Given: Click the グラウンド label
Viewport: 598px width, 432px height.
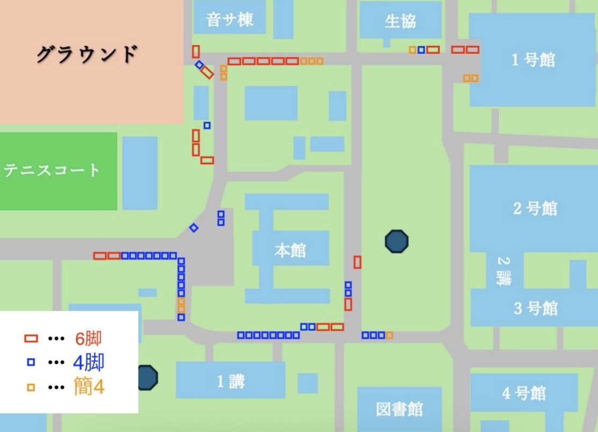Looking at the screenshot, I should (x=87, y=54).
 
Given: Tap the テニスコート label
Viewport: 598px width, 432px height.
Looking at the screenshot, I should (x=52, y=171).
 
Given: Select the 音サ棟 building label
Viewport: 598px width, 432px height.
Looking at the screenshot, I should (x=229, y=20).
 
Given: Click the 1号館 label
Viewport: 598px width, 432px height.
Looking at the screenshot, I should (x=533, y=60).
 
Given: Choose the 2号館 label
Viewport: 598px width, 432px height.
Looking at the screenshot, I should (x=535, y=208).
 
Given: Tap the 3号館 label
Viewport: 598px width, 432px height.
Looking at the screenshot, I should (x=535, y=309).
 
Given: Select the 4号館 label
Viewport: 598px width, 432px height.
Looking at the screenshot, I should (x=524, y=393).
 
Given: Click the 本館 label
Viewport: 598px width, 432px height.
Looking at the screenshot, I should (x=290, y=250).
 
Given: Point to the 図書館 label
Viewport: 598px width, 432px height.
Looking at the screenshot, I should (x=399, y=409).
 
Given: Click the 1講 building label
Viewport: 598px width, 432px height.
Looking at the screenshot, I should (x=231, y=381).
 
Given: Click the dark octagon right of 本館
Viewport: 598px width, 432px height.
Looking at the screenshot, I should (x=397, y=241).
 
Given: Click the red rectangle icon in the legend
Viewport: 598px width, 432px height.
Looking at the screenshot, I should (x=31, y=339).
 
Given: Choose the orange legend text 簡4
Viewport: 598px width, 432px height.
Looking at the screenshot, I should (x=89, y=387).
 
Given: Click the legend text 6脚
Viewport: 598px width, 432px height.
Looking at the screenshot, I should (x=87, y=339).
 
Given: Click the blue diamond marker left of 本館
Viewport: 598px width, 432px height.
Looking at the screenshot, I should (x=194, y=228).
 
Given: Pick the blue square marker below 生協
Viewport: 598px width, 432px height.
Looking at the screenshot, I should (x=421, y=50).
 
